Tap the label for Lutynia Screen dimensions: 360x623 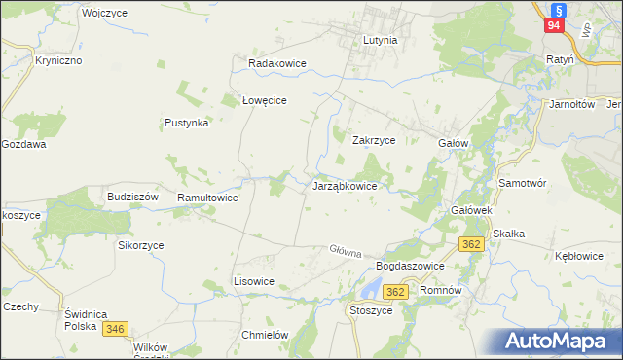[x=380, y=42]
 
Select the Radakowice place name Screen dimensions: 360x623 [x=277, y=63]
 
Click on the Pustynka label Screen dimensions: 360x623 [x=187, y=124]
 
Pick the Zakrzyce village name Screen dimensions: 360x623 [x=373, y=140]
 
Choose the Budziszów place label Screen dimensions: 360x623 [x=132, y=196]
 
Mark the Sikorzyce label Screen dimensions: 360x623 [x=141, y=246]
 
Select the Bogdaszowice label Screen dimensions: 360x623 [x=410, y=266]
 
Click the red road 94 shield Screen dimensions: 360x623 [x=554, y=26]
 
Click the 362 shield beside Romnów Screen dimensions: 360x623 [x=395, y=291]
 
